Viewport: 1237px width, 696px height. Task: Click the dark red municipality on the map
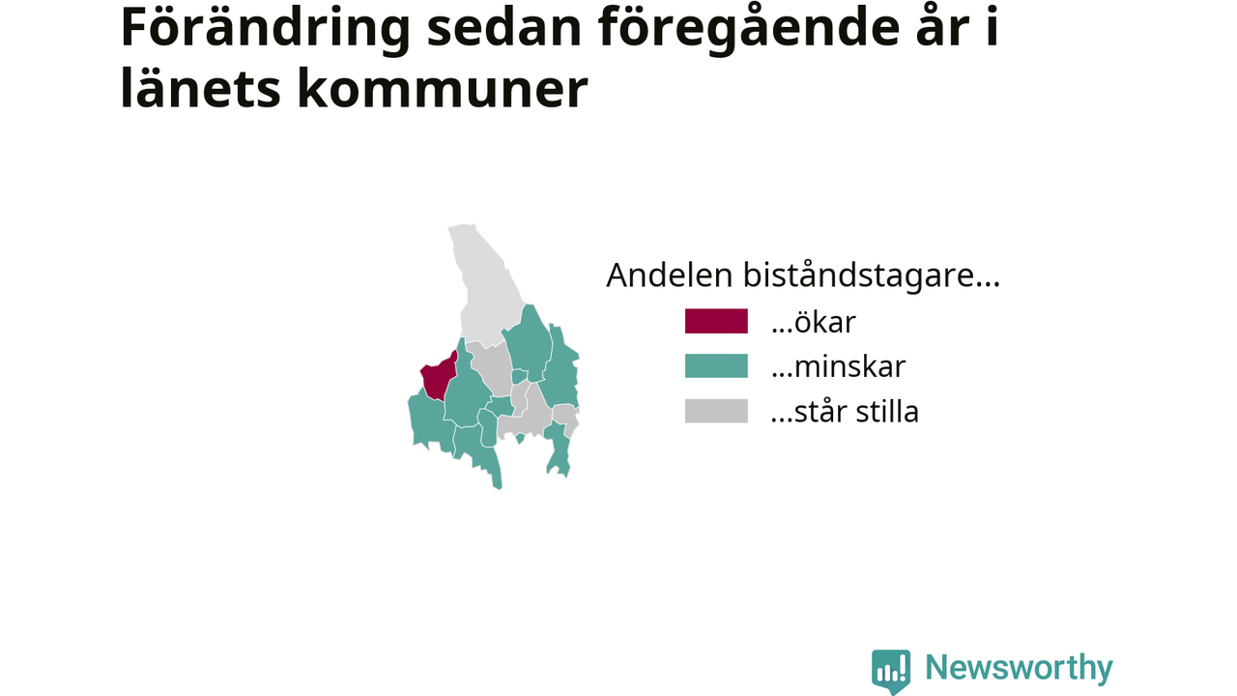click(x=439, y=376)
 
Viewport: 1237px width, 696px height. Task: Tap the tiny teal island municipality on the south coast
click(x=520, y=438)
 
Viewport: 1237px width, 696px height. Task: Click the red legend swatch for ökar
click(x=716, y=321)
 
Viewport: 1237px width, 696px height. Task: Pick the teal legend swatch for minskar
click(x=716, y=365)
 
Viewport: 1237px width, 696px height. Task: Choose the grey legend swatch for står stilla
click(x=716, y=411)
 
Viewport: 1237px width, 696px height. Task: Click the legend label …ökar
click(x=814, y=322)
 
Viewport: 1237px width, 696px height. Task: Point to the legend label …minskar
click(x=838, y=366)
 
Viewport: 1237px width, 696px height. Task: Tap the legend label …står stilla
click(x=845, y=412)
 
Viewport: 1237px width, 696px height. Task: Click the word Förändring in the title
click(x=265, y=29)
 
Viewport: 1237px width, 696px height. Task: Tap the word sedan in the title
click(x=504, y=29)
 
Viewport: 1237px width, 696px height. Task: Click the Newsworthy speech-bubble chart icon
click(x=891, y=671)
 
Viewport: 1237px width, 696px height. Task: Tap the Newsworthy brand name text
click(x=1019, y=668)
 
